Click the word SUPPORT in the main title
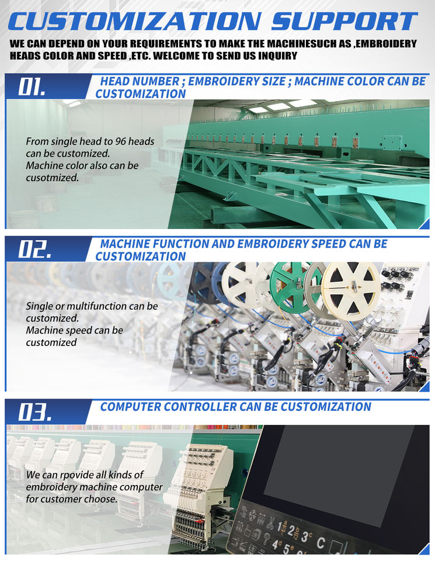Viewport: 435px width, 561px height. point(344,21)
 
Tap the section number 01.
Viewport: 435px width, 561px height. point(32,86)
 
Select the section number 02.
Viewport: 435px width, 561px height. point(34,249)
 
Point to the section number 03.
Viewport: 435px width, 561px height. point(34,412)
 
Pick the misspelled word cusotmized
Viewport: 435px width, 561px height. point(52,178)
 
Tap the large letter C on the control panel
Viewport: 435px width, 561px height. point(320,542)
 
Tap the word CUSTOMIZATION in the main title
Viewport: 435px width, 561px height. point(135,21)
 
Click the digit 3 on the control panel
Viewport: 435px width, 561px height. point(305,536)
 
